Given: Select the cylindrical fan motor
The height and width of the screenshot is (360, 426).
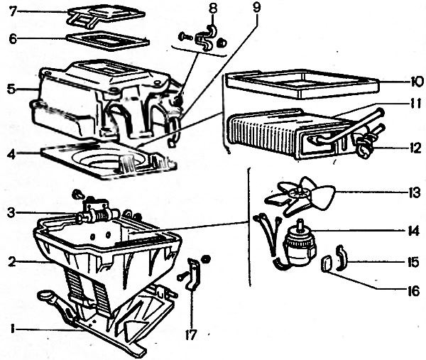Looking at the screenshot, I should click(299, 245).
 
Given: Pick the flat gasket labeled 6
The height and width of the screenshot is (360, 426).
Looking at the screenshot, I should click(106, 40).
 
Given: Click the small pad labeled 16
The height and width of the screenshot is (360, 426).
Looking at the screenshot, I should click(327, 264).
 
